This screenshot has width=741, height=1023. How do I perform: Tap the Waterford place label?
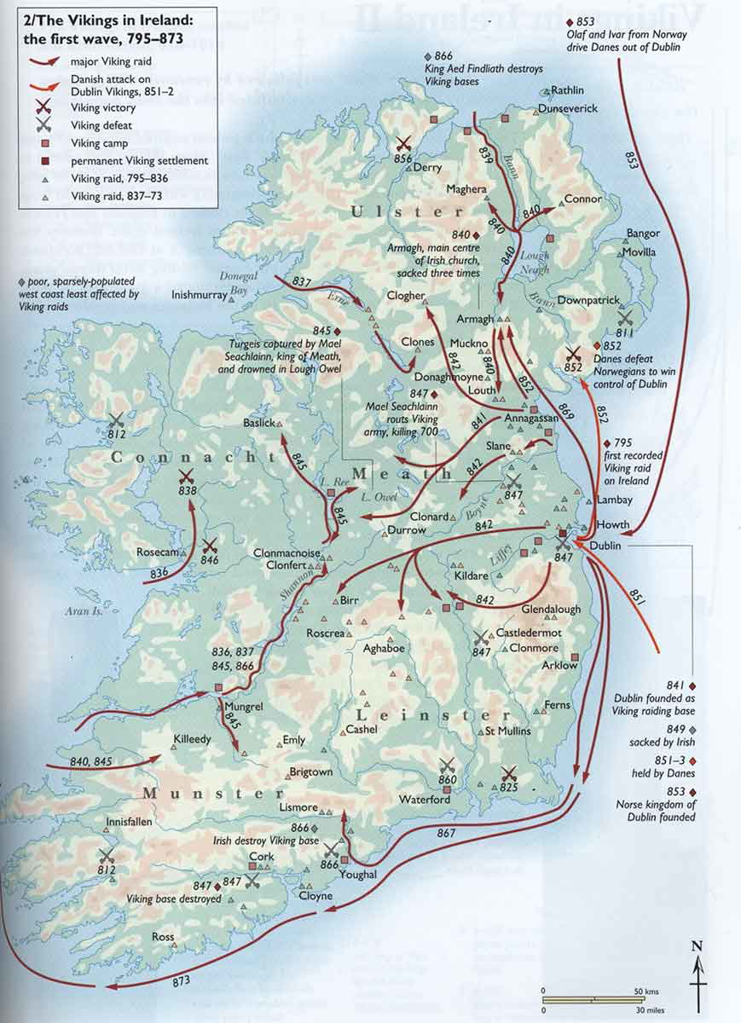point(425,800)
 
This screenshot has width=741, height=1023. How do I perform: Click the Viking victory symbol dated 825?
point(509,774)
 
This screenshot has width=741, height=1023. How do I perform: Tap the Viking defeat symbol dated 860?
point(447,766)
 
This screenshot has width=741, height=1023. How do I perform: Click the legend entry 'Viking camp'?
point(100,143)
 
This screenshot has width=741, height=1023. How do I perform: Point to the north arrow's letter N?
point(697,945)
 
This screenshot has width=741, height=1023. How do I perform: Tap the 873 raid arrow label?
point(182,980)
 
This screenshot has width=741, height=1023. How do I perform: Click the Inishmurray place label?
point(200,295)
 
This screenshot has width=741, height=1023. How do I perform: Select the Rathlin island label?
point(568,90)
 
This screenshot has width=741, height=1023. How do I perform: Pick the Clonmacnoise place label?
point(287,552)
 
